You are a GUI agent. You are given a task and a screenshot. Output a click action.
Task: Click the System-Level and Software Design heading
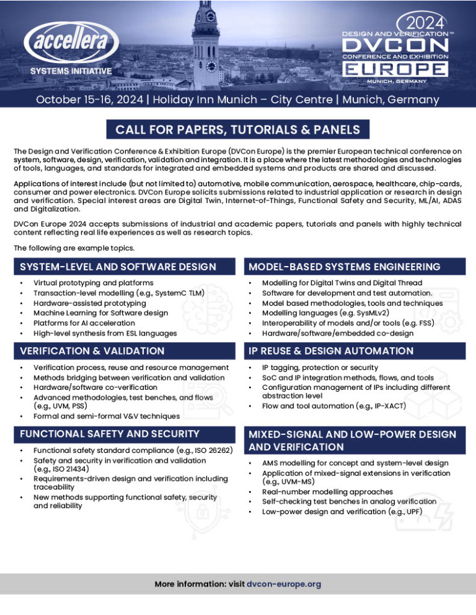(x=118, y=267)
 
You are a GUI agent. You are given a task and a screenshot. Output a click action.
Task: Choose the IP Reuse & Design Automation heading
(x=332, y=351)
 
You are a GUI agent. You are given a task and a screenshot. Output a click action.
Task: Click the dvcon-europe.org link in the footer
(x=283, y=583)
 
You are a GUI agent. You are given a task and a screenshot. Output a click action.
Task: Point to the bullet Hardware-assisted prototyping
(x=89, y=303)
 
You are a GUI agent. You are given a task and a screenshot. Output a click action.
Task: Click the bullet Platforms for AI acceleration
(x=84, y=323)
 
